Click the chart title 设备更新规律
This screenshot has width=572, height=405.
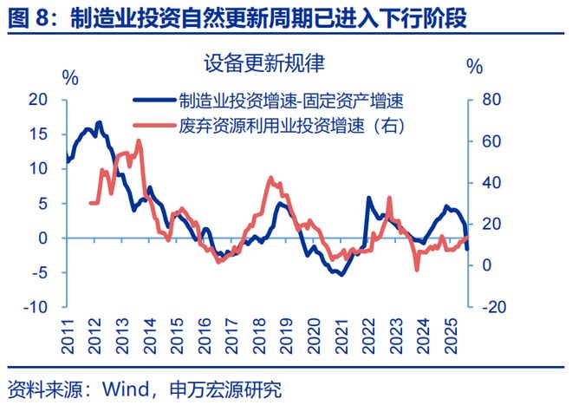pos(263,64)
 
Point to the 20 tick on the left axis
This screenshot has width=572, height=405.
pos(39,100)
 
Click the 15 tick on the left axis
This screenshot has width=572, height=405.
pos(39,134)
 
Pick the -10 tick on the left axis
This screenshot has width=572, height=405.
pos(36,307)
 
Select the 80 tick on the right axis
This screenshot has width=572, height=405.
pos(491,100)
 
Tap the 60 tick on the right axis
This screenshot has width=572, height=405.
pos(491,141)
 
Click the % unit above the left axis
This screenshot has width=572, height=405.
pos(70,77)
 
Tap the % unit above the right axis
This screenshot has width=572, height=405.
pos(474,66)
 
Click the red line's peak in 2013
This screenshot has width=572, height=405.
pos(139,140)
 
